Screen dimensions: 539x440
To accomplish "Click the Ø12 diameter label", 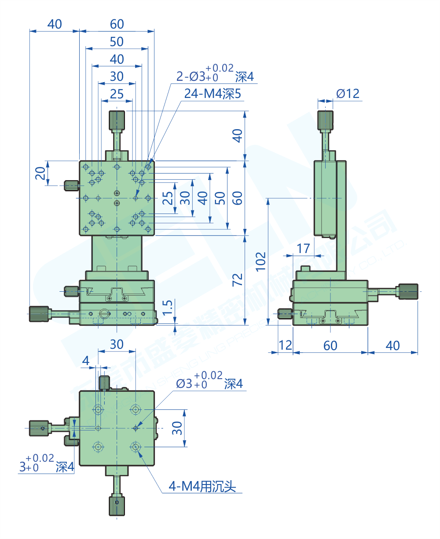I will pyautogui.click(x=348, y=93).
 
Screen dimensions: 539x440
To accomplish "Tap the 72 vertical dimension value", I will pyautogui.click(x=237, y=280).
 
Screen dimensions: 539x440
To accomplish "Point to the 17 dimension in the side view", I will pyautogui.click(x=303, y=249).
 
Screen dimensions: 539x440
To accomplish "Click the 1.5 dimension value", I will pyautogui.click(x=168, y=307).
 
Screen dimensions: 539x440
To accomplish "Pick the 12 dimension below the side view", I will pyautogui.click(x=285, y=345).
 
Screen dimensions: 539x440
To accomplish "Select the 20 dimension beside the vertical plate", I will pyautogui.click(x=40, y=173).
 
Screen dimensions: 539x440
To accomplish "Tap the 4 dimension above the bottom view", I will pyautogui.click(x=86, y=361).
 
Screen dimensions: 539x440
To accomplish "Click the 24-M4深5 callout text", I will pyautogui.click(x=213, y=94).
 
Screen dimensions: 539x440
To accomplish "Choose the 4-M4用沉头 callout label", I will pyautogui.click(x=203, y=486).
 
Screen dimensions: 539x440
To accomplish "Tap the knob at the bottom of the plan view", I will pyautogui.click(x=116, y=506).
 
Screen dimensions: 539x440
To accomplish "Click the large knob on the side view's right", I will pyautogui.click(x=408, y=291).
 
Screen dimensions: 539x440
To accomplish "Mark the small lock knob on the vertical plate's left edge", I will pyautogui.click(x=71, y=186).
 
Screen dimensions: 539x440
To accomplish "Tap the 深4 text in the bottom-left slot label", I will pyautogui.click(x=65, y=467).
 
